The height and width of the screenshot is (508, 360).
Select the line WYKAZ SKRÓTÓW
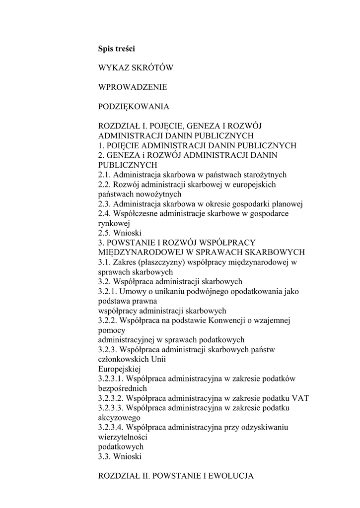[x=136, y=68]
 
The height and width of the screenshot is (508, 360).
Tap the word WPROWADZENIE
[x=133, y=87]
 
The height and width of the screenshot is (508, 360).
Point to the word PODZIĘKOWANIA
[x=134, y=107]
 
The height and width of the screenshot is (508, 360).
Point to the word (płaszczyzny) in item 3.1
[x=163, y=262]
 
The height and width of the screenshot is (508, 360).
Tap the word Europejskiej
[x=120, y=369]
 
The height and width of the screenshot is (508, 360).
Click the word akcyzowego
[x=119, y=418]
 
